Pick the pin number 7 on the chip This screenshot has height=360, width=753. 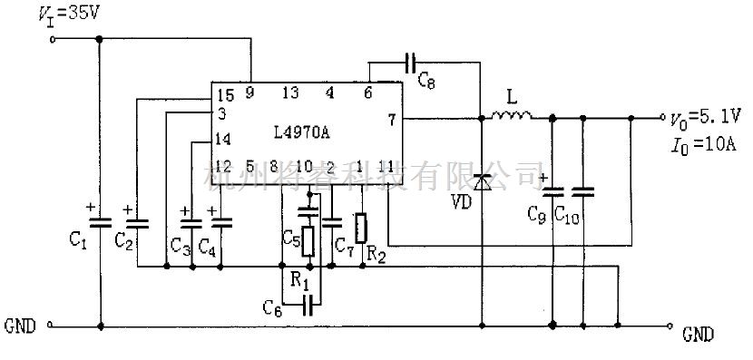392,120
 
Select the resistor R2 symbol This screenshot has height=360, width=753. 361,228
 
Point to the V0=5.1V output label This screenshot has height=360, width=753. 704,118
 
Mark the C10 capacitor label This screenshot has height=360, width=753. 567,217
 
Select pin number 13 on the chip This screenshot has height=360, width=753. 290,93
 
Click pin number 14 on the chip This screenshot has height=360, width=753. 223,140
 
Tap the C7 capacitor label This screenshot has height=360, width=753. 343,244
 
